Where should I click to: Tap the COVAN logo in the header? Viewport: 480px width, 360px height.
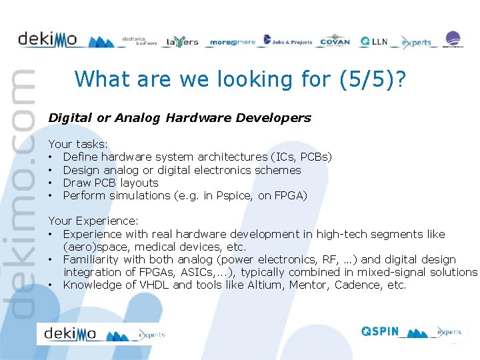[x=335, y=41]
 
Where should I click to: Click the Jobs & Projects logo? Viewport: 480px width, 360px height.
[x=287, y=41]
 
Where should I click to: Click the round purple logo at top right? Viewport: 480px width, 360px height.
[x=453, y=39]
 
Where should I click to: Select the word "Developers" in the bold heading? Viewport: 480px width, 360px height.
[x=276, y=118]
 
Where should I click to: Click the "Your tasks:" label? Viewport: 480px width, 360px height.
[x=78, y=144]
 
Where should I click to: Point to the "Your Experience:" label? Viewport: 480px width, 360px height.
[x=93, y=221]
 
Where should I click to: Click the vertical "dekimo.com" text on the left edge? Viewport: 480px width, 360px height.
[x=20, y=193]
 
